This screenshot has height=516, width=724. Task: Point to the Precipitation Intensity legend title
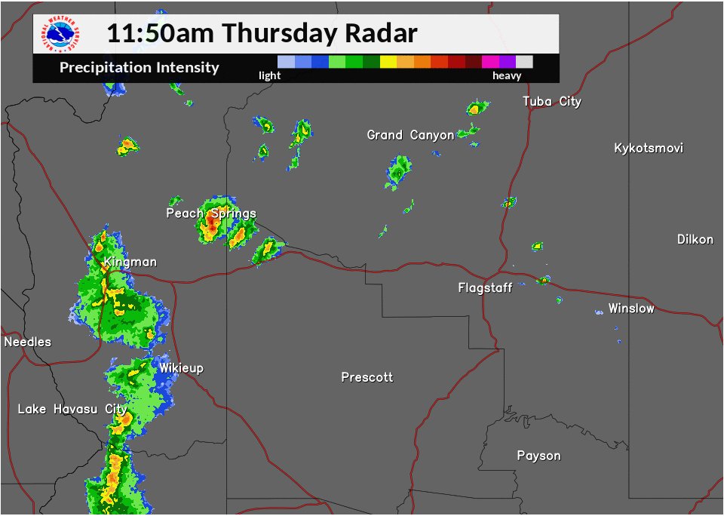pyautogui.click(x=140, y=68)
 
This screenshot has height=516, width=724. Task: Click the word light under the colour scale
pyautogui.click(x=269, y=75)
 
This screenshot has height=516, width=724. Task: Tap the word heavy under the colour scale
pyautogui.click(x=507, y=75)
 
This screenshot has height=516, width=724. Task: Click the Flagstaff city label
pyautogui.click(x=485, y=287)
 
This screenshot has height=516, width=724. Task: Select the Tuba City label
pyautogui.click(x=552, y=101)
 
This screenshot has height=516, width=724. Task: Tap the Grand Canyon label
pyautogui.click(x=410, y=135)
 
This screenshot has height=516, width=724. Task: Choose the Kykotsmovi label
pyautogui.click(x=649, y=148)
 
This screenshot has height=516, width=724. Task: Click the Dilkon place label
pyautogui.click(x=695, y=239)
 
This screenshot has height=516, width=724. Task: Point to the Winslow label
pyautogui.click(x=631, y=309)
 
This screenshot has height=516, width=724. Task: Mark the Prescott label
pyautogui.click(x=367, y=377)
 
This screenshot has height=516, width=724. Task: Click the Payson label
pyautogui.click(x=538, y=456)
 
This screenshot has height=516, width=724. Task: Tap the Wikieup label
pyautogui.click(x=181, y=368)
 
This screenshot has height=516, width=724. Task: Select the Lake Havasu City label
pyautogui.click(x=72, y=409)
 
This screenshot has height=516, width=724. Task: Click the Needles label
pyautogui.click(x=28, y=342)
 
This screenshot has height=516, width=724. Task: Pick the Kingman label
pyautogui.click(x=130, y=262)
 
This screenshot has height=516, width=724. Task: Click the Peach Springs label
pyautogui.click(x=211, y=213)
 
